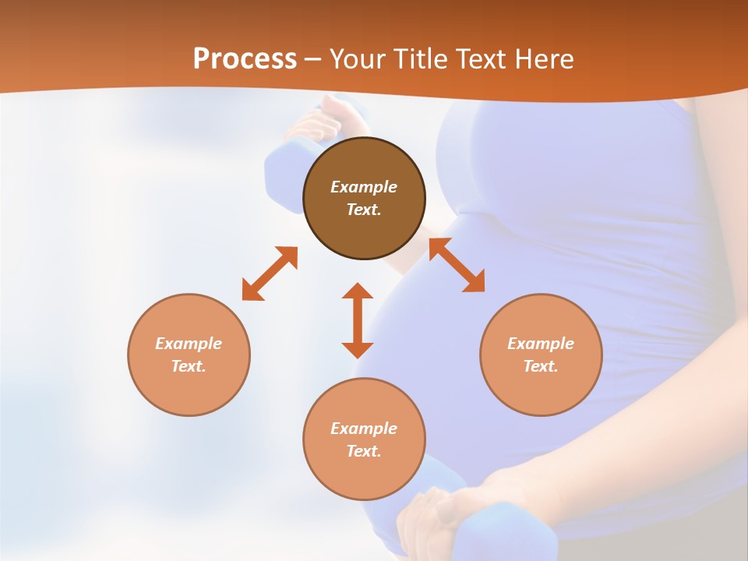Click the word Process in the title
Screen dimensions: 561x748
(x=245, y=59)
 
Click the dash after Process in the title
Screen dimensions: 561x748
(x=313, y=60)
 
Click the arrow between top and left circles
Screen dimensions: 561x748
(x=270, y=273)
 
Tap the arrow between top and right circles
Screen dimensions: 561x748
(x=457, y=265)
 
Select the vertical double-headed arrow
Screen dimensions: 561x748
(x=358, y=320)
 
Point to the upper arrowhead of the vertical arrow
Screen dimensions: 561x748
(x=358, y=291)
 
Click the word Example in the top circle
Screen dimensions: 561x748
(x=364, y=187)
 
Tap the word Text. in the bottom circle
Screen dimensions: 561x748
(x=364, y=451)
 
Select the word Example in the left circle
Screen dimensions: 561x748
(x=189, y=344)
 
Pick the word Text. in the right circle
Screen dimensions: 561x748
(x=541, y=366)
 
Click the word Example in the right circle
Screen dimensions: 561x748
(x=541, y=344)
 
